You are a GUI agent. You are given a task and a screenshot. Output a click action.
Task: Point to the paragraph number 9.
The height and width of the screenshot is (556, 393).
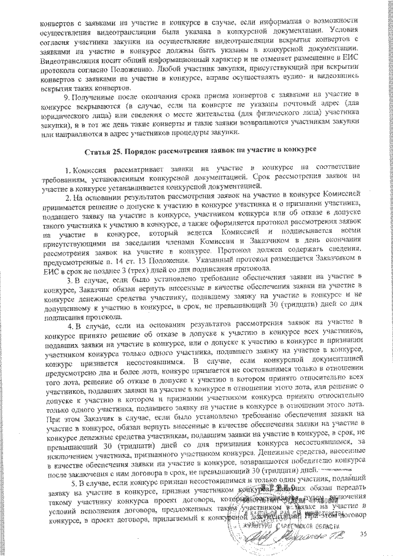point(66,98)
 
